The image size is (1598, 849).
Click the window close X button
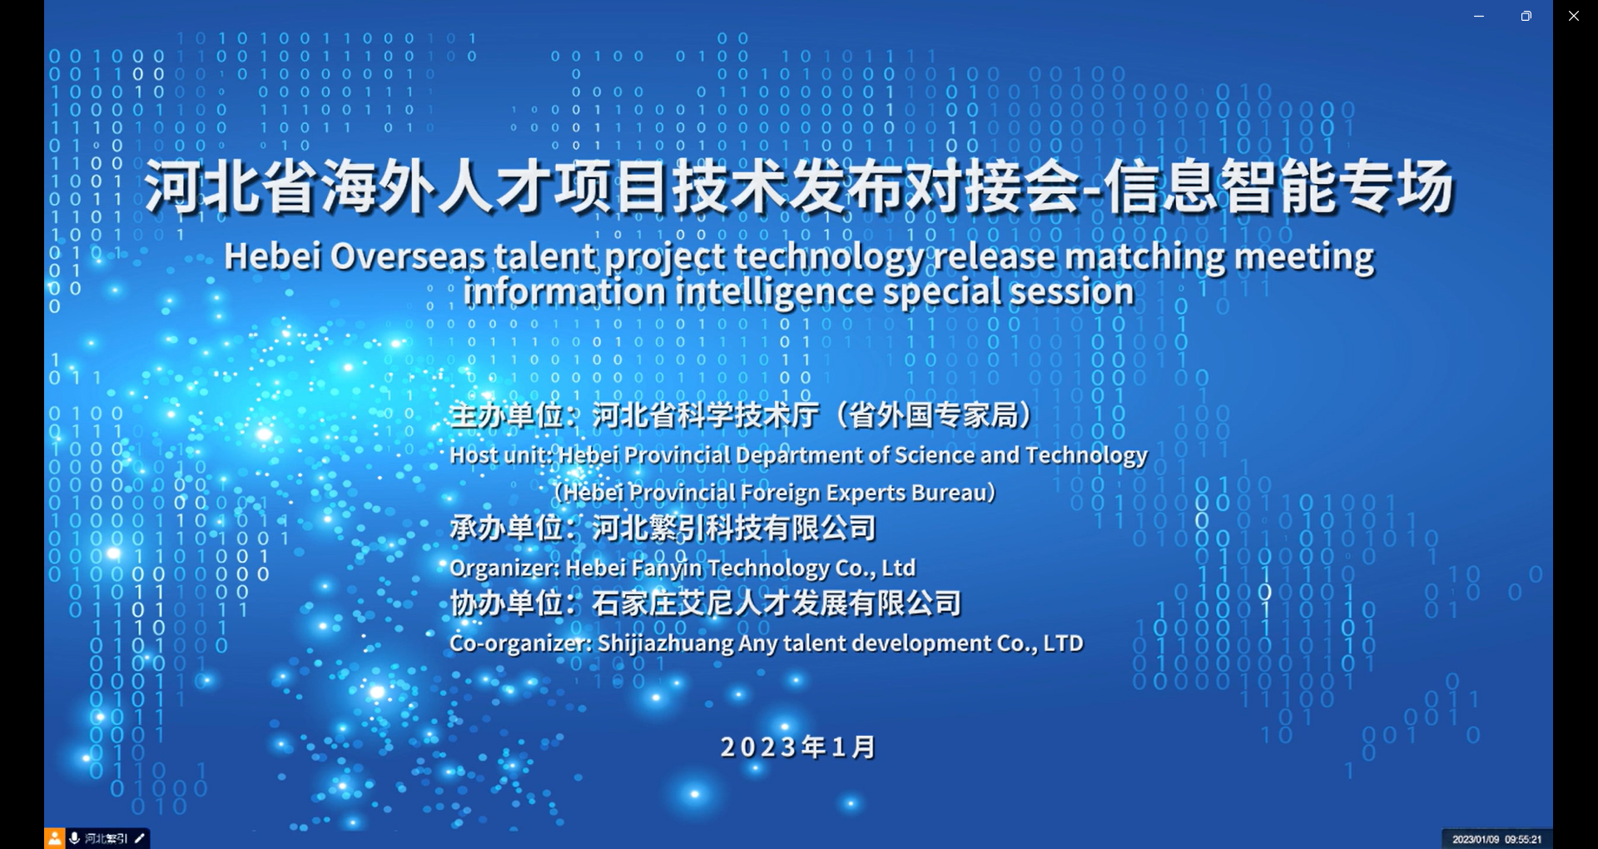click(x=1573, y=16)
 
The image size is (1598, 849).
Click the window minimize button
click(x=1479, y=17)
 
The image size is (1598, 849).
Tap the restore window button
click(x=1526, y=16)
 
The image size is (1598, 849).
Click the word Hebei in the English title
click(x=272, y=256)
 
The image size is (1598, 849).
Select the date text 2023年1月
click(x=798, y=747)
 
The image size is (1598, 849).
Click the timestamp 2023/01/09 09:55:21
click(x=1496, y=839)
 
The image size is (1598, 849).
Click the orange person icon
click(x=54, y=838)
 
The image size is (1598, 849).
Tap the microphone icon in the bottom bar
click(x=75, y=838)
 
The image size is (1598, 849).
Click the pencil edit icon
click(x=140, y=838)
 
